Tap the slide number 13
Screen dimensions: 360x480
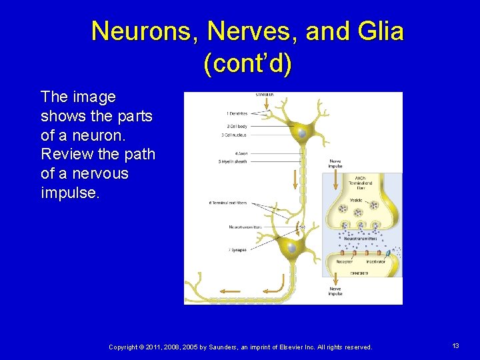(455, 346)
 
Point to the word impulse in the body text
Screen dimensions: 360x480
(70, 193)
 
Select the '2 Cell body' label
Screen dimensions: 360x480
(237, 126)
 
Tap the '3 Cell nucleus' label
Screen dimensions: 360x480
(235, 135)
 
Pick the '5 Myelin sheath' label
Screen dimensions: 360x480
(233, 161)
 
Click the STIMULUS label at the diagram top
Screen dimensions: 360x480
(265, 95)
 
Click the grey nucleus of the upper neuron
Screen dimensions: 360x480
(302, 133)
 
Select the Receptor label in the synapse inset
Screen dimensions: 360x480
(345, 262)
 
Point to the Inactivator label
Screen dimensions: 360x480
(376, 262)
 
